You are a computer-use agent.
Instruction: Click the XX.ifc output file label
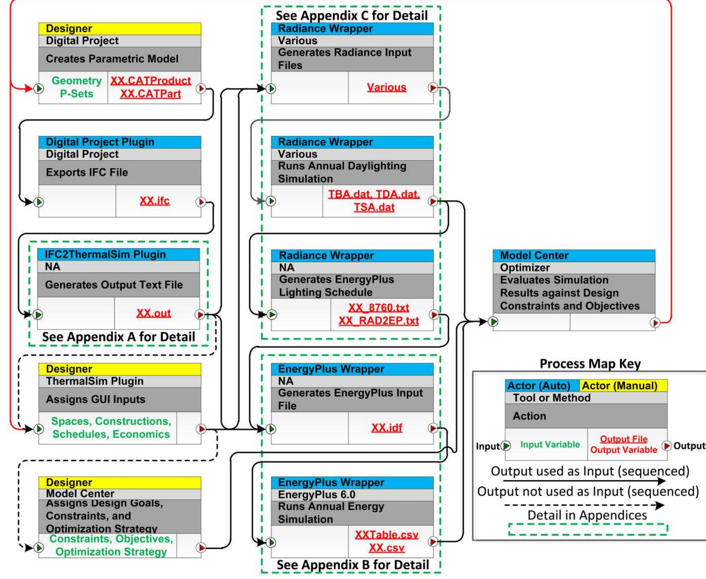pos(155,201)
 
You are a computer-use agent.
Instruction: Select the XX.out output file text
pos(153,313)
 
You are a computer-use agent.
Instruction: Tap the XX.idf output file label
pos(387,428)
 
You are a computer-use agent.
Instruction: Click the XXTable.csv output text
pos(387,535)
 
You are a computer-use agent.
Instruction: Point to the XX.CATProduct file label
pos(150,80)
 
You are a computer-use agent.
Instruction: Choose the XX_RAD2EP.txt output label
pos(379,321)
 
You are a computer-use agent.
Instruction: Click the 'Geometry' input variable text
pos(76,80)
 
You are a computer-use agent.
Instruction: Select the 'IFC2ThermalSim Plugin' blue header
pos(106,254)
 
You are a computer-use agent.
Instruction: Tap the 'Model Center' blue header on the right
pos(534,255)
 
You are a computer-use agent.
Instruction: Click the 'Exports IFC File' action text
pos(87,172)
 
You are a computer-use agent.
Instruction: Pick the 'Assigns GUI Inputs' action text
pos(95,399)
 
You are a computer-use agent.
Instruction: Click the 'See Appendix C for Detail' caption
pos(351,15)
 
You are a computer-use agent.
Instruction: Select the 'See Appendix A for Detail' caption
pos(118,337)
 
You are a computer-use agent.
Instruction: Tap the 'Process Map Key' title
pos(590,364)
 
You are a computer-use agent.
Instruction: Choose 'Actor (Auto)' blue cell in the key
pos(539,385)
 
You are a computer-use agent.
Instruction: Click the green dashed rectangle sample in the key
pos(588,529)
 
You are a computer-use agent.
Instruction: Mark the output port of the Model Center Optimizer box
pos(655,322)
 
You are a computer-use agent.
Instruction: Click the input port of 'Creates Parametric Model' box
pos(39,88)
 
